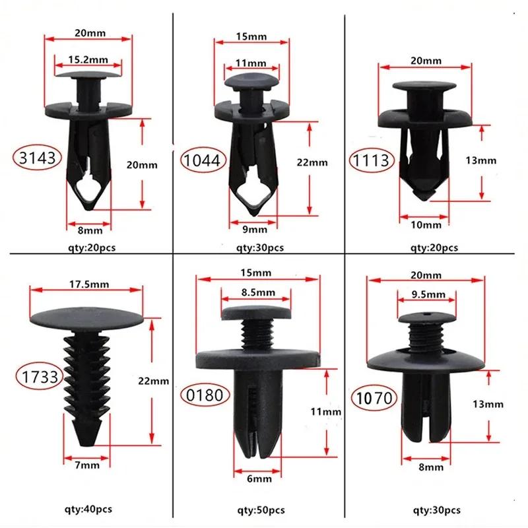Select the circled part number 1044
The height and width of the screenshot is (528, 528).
click(205, 159)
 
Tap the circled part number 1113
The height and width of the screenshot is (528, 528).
click(372, 159)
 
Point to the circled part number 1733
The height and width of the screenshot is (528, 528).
click(37, 377)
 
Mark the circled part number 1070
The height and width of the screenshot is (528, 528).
click(371, 398)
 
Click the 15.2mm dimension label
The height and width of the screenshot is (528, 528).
click(87, 59)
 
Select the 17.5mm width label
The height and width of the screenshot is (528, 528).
click(88, 284)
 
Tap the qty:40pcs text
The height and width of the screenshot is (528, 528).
click(88, 510)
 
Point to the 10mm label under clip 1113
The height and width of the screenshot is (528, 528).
click(425, 225)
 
